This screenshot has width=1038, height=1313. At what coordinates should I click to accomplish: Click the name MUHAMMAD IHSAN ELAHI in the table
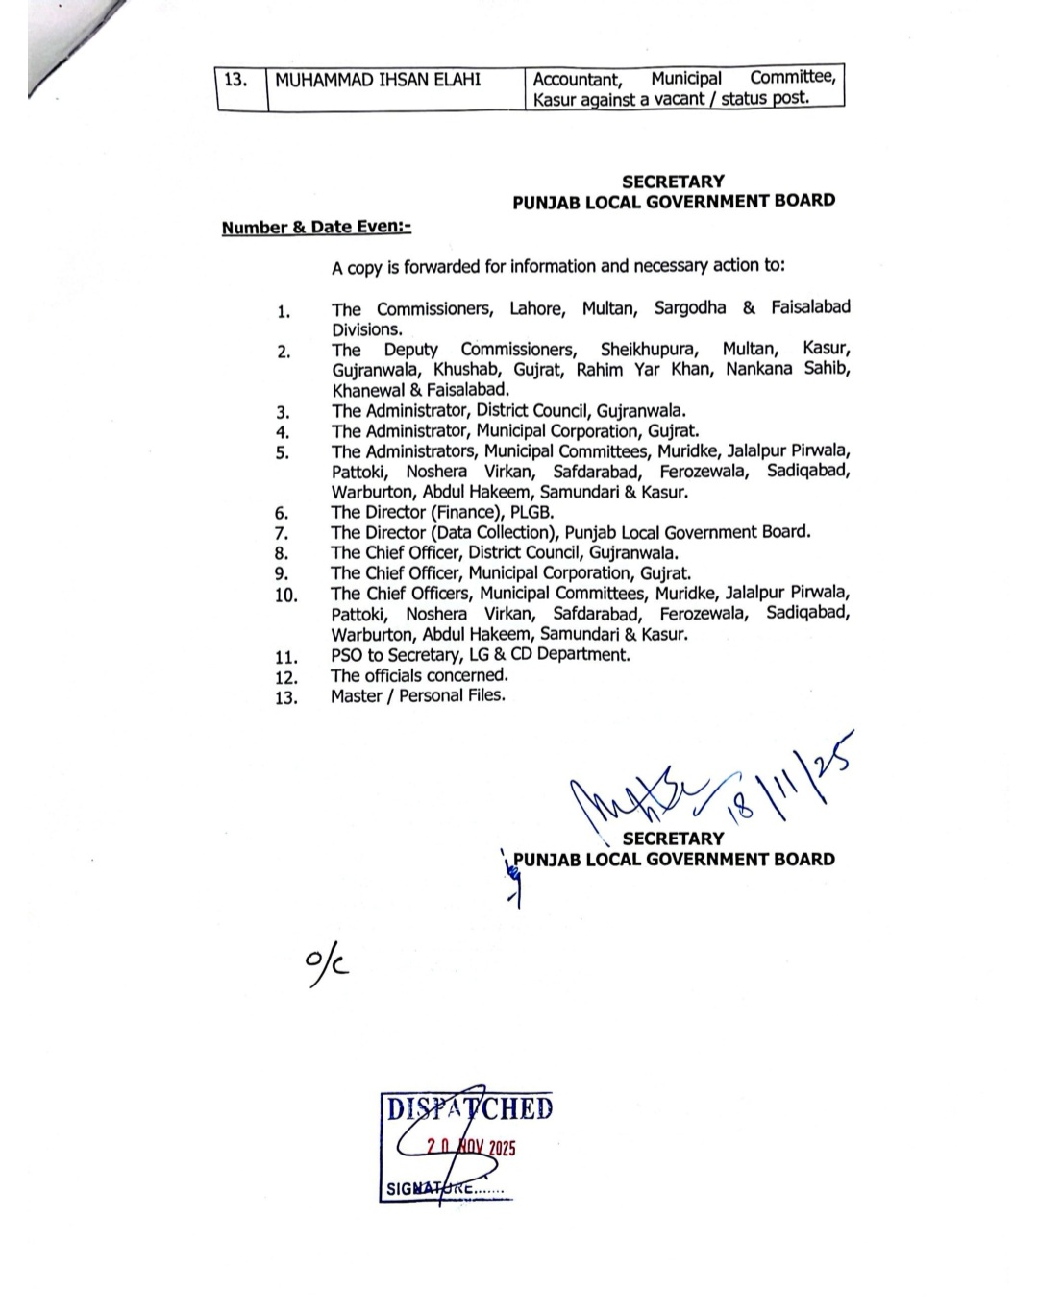(x=378, y=80)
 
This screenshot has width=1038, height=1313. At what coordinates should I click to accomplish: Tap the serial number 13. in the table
(x=235, y=80)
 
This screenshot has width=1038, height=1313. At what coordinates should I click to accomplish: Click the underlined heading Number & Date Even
(x=316, y=228)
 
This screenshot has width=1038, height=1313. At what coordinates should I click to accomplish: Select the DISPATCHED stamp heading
(x=469, y=1109)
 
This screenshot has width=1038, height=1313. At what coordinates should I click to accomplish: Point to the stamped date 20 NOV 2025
(x=471, y=1147)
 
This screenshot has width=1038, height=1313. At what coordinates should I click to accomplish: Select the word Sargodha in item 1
(x=689, y=308)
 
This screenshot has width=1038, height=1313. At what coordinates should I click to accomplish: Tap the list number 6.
(x=282, y=513)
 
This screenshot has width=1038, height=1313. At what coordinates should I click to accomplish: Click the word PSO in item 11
(x=346, y=655)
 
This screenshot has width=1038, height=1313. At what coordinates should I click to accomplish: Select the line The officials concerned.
(x=419, y=675)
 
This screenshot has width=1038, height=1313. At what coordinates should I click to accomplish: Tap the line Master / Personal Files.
(x=417, y=695)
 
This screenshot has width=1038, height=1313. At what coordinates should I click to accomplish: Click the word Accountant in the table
(x=578, y=79)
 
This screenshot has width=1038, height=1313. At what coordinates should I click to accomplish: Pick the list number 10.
(x=285, y=596)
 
